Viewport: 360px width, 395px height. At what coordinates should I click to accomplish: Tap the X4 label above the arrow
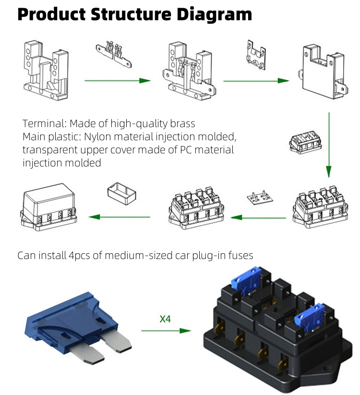tap(165, 319)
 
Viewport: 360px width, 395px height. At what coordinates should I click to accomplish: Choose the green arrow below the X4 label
tap(166, 331)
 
